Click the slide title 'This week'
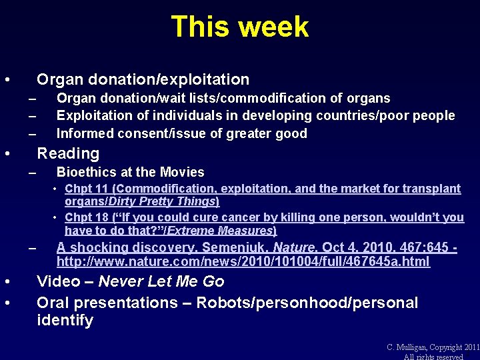[x=239, y=27]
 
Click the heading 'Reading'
[x=68, y=153]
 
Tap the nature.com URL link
[x=243, y=262]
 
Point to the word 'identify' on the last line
[x=65, y=321]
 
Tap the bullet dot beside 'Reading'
[x=7, y=154]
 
